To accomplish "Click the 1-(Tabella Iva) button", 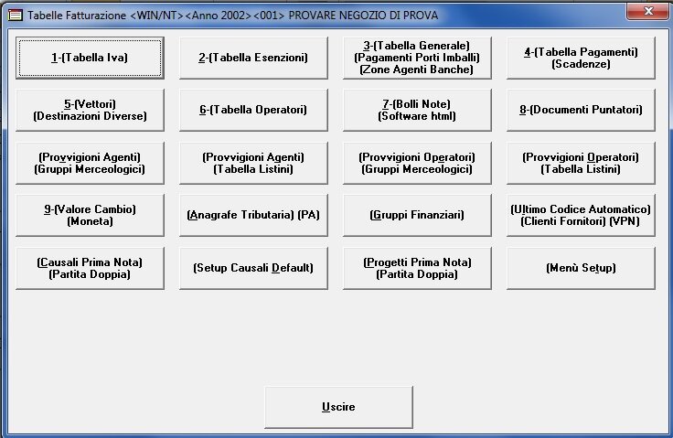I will pyautogui.click(x=90, y=58).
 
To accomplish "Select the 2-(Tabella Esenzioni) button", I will pyautogui.click(x=253, y=58).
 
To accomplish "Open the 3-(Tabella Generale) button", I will pyautogui.click(x=417, y=58).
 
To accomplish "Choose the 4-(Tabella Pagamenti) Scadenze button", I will pyautogui.click(x=581, y=58).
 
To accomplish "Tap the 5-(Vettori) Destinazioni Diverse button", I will pyautogui.click(x=90, y=110).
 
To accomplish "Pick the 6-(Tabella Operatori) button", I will pyautogui.click(x=253, y=110).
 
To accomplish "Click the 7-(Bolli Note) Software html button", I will pyautogui.click(x=417, y=110).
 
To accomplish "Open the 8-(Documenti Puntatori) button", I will pyautogui.click(x=581, y=110).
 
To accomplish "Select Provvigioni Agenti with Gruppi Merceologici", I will pyautogui.click(x=90, y=163).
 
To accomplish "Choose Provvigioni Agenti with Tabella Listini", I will pyautogui.click(x=253, y=163).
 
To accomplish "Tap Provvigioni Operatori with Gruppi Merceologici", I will pyautogui.click(x=417, y=163).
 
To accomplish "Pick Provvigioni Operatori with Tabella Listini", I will pyautogui.click(x=581, y=163).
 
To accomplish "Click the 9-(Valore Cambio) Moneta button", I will pyautogui.click(x=90, y=215).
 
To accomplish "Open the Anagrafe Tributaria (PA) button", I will pyautogui.click(x=253, y=215).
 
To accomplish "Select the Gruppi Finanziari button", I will pyautogui.click(x=417, y=215).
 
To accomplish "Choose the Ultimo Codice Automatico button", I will pyautogui.click(x=581, y=215).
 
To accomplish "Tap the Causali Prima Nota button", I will pyautogui.click(x=90, y=268).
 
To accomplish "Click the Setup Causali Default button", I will pyautogui.click(x=253, y=268).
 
